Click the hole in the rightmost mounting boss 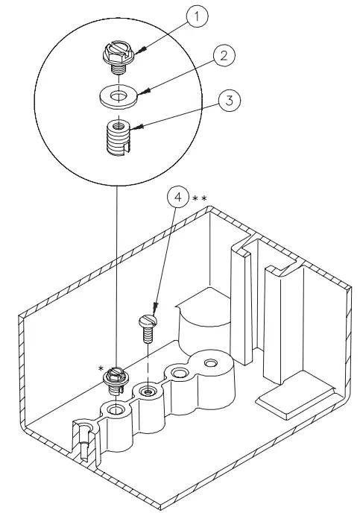pyautogui.click(x=211, y=362)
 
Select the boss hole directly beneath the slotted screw pyautogui.click(x=149, y=391)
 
